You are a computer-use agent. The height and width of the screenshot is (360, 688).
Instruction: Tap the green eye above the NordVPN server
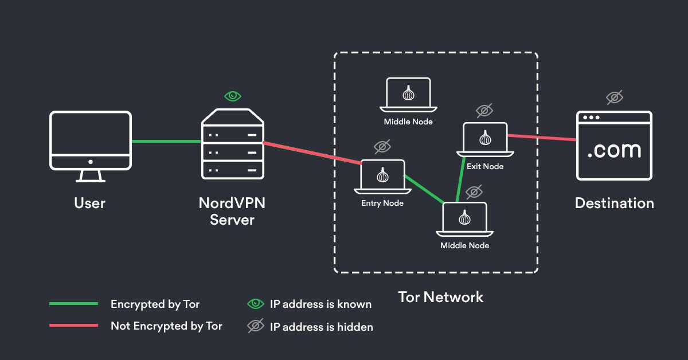coord(232,96)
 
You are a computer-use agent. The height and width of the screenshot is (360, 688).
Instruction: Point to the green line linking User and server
coord(166,141)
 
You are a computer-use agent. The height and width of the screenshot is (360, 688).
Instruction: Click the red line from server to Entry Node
coord(312,153)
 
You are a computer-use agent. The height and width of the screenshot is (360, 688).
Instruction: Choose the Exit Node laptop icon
coord(485,140)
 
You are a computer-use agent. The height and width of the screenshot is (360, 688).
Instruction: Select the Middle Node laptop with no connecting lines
coord(408,95)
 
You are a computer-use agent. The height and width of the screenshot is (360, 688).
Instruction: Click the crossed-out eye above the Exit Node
coord(484,110)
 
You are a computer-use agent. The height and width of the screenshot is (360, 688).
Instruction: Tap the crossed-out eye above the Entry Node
coord(382,147)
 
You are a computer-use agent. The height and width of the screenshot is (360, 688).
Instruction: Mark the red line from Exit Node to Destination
coord(542,138)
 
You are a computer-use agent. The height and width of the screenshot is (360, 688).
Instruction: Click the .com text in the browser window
coord(614,150)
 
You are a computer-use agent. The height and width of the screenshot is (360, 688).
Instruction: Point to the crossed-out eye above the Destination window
coord(615,97)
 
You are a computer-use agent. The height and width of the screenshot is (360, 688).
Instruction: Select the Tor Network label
coord(440,297)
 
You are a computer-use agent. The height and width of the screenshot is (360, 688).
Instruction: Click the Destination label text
coord(614,203)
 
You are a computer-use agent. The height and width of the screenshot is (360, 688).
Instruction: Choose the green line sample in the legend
coord(73,304)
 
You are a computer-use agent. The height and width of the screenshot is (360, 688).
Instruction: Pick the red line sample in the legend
coord(73,326)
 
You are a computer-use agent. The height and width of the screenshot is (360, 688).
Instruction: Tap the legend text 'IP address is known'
coord(320,304)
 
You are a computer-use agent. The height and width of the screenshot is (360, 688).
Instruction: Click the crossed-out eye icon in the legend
coord(255,326)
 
